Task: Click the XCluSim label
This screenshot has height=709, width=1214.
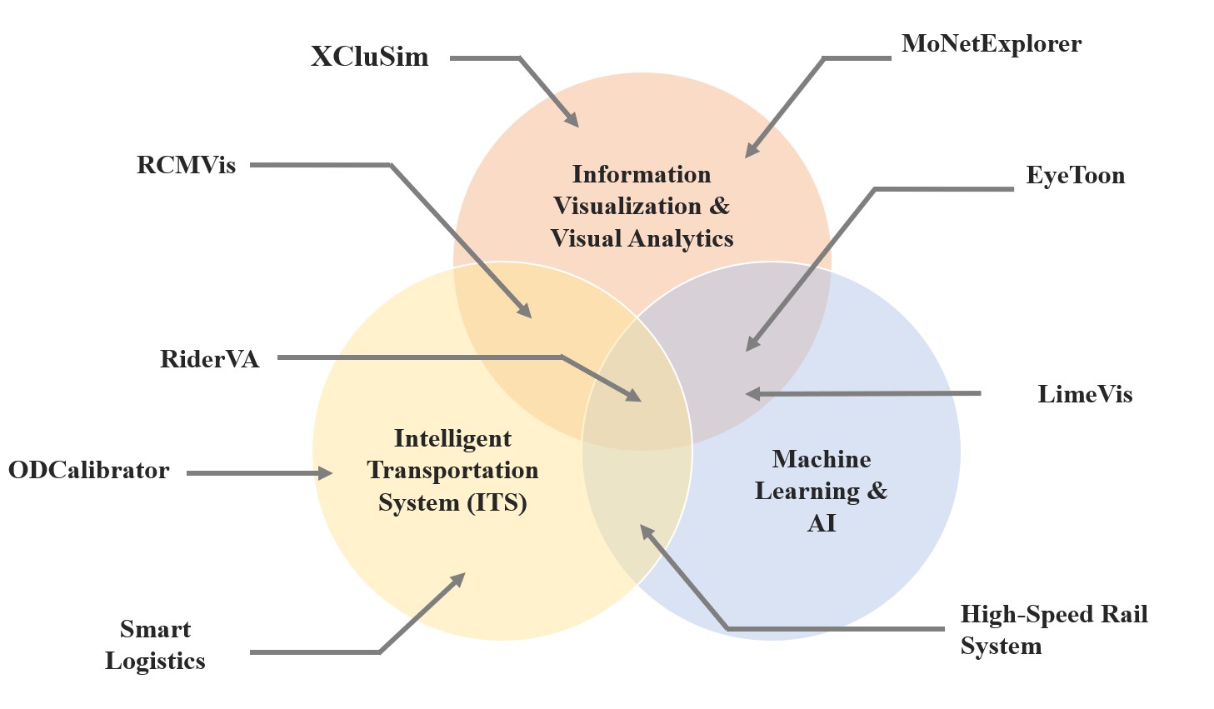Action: coord(369,57)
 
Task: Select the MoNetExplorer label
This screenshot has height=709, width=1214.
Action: coord(991,44)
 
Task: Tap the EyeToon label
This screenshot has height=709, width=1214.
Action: coord(1075,176)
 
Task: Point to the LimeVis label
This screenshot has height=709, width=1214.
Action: coord(1084,394)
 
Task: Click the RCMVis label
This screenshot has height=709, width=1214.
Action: coord(186,165)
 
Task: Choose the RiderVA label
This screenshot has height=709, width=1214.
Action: coord(209,359)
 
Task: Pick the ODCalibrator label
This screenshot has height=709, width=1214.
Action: coord(88,470)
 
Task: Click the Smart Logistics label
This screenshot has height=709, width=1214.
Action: coord(155,645)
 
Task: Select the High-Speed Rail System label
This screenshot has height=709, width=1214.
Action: coord(1052,630)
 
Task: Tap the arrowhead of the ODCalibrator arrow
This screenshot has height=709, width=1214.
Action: coord(327,473)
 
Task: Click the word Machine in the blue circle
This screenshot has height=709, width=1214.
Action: coord(821,459)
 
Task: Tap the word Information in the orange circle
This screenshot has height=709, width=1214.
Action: coord(641,174)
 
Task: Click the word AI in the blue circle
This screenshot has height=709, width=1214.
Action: coord(821,523)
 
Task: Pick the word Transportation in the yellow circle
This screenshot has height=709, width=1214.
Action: coord(452,470)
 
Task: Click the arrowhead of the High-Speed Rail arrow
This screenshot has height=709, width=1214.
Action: coord(646,531)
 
